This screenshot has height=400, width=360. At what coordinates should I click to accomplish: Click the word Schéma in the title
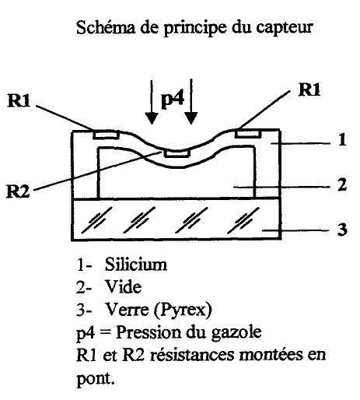[x=106, y=27]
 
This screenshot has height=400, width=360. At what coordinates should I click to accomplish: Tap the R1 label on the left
[x=19, y=100]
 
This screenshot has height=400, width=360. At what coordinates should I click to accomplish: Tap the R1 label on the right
[x=309, y=89]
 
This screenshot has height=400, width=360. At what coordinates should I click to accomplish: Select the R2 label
[x=18, y=191]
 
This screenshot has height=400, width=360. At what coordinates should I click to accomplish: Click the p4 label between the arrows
[x=173, y=100]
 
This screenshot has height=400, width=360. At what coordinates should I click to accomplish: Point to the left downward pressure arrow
[x=152, y=102]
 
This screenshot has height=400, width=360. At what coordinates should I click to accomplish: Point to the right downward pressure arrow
[x=191, y=102]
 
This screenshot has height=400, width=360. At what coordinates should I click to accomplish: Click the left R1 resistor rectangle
[x=107, y=135]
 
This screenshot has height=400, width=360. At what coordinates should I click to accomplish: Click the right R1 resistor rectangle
[x=248, y=133]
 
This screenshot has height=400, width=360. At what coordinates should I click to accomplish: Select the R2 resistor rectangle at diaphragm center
[x=177, y=153]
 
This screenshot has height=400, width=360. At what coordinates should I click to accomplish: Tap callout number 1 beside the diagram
[x=342, y=139]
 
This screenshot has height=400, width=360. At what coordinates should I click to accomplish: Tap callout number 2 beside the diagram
[x=342, y=185]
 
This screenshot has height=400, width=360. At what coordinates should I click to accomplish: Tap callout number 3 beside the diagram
[x=342, y=230]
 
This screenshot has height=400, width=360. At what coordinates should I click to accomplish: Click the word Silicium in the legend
[x=136, y=265]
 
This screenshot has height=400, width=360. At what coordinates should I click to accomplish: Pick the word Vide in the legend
[x=123, y=286]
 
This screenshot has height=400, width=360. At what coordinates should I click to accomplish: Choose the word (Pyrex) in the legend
[x=183, y=310]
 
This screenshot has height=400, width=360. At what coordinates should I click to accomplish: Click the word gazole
[x=236, y=333]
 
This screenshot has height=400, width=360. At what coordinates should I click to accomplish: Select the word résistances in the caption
[x=192, y=355]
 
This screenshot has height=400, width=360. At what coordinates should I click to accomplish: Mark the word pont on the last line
[x=96, y=379]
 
